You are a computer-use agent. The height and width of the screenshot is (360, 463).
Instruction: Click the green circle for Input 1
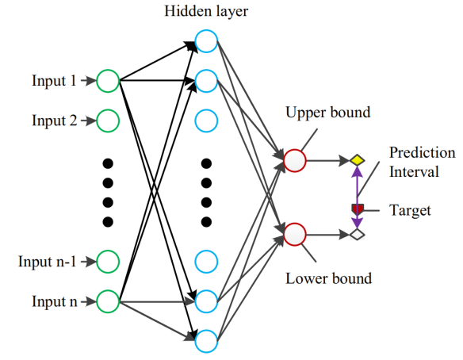(108, 81)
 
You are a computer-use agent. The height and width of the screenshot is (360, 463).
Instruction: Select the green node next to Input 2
(108, 121)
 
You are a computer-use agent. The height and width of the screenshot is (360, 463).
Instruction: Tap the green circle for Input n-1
(108, 260)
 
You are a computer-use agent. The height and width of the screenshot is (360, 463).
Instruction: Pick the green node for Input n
(108, 301)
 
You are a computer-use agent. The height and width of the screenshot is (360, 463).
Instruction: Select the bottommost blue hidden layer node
(206, 341)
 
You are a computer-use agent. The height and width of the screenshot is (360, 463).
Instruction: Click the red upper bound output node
(294, 160)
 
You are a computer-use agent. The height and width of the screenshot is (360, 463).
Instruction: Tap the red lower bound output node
(294, 234)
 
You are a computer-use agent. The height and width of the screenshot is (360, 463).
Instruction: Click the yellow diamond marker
(357, 160)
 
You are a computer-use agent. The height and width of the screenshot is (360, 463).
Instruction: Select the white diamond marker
(357, 234)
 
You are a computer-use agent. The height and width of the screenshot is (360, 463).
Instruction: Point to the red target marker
(357, 209)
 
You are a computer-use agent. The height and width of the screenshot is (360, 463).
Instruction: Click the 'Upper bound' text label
(327, 113)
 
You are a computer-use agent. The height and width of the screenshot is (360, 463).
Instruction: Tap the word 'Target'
(410, 211)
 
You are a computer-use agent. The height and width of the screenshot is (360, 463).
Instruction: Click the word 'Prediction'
(422, 152)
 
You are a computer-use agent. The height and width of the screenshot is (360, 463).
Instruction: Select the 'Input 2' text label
(54, 121)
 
